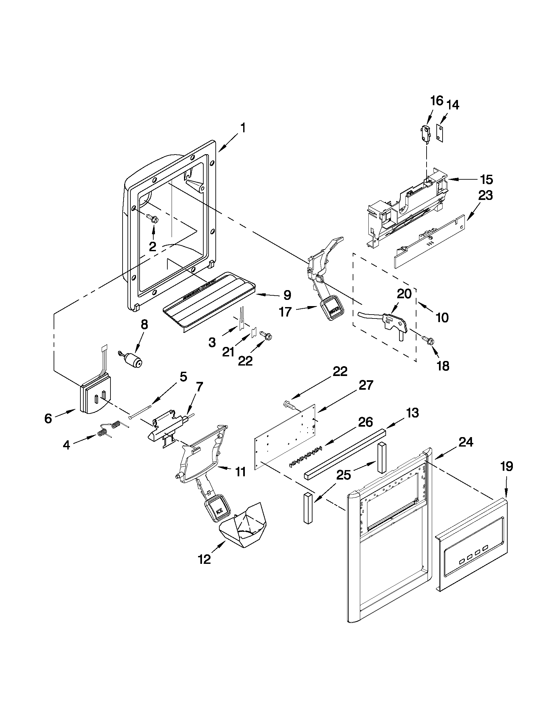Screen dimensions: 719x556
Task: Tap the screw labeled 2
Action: point(153,218)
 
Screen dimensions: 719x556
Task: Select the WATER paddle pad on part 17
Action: point(333,309)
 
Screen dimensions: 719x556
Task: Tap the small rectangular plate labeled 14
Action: point(440,133)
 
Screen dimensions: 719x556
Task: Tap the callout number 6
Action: point(48,418)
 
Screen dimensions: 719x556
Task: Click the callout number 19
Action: point(507,466)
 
